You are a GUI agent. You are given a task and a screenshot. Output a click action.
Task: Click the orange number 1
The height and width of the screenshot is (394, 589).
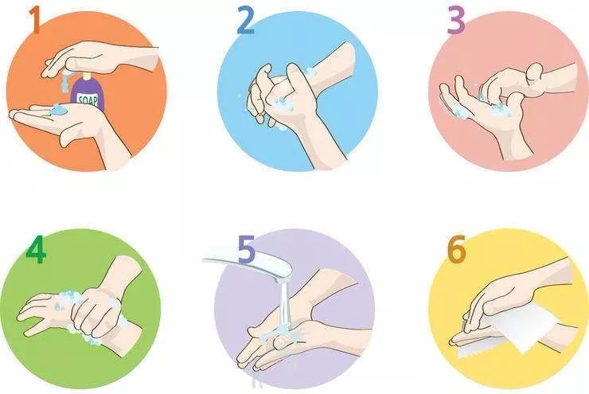(34, 20)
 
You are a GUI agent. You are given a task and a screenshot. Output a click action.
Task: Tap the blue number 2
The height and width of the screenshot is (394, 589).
(245, 21)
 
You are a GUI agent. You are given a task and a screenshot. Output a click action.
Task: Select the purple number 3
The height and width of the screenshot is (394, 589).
(456, 21)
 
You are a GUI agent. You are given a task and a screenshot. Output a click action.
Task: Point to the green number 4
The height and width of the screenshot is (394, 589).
(36, 249)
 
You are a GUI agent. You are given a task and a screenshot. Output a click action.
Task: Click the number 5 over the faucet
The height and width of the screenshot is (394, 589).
(247, 248)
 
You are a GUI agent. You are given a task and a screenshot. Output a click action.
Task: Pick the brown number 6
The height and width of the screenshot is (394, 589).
(457, 248)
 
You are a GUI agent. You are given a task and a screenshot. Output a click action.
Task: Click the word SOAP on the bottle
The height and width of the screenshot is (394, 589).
(88, 99)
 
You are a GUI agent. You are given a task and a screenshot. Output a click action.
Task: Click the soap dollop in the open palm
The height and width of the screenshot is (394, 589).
(59, 109)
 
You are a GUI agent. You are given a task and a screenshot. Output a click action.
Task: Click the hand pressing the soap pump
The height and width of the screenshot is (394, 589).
(98, 58)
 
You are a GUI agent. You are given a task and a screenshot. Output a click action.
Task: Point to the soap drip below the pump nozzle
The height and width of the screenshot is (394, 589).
(65, 83)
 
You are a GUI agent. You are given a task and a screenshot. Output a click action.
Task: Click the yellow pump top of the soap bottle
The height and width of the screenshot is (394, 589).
(87, 76)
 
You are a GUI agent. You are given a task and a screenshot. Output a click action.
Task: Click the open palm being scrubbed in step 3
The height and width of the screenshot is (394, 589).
(477, 109)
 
